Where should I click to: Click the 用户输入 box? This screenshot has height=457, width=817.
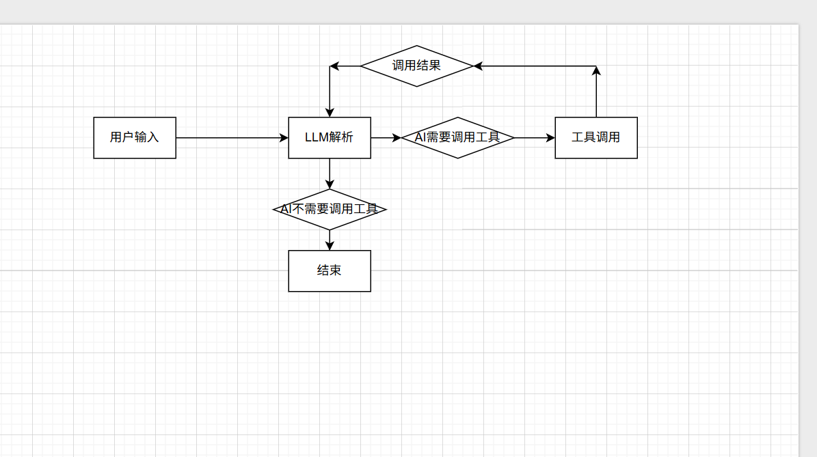click(135, 138)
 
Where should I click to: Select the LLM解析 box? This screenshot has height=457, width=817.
click(330, 138)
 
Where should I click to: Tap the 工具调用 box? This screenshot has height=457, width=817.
click(596, 138)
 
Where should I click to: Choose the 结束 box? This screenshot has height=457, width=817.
click(330, 271)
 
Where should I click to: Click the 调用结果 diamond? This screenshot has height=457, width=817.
click(417, 66)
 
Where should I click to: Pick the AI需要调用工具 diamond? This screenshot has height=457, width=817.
click(457, 138)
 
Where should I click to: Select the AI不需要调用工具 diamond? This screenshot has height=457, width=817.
click(330, 209)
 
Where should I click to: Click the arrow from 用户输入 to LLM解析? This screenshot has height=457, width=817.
click(232, 138)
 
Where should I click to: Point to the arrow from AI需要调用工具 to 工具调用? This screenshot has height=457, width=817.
click(533, 138)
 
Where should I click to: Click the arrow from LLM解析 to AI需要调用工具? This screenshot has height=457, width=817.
click(386, 138)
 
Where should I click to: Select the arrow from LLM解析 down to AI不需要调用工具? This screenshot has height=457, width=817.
click(330, 173)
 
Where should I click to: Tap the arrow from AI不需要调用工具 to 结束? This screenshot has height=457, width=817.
click(330, 240)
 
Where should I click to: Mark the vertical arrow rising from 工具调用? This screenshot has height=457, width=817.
click(596, 92)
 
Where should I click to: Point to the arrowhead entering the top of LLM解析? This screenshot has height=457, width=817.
click(330, 112)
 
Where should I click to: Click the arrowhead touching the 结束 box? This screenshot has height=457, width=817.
click(330, 246)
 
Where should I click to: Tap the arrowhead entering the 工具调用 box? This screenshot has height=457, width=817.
click(550, 138)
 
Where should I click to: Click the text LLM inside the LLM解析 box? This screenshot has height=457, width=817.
click(317, 137)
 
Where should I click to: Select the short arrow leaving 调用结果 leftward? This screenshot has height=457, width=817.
click(346, 66)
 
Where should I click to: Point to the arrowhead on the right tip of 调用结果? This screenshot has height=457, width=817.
click(478, 66)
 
